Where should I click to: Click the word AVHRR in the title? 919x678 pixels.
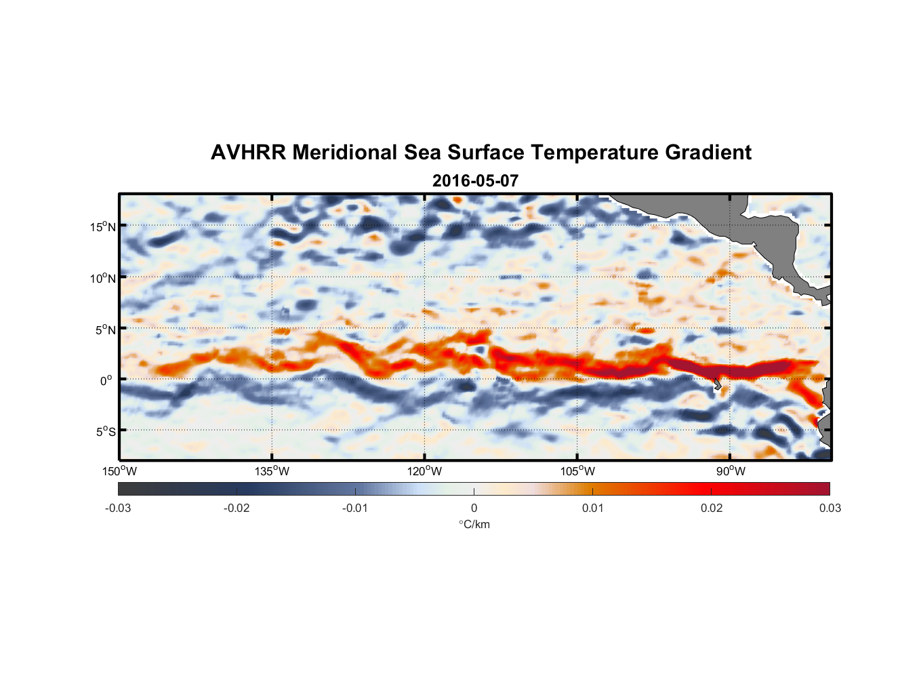(x=248, y=153)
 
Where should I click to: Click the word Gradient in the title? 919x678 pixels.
(x=708, y=153)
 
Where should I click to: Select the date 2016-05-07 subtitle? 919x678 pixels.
(x=475, y=181)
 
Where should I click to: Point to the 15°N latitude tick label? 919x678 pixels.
(x=102, y=226)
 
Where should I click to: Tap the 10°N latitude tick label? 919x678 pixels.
(x=102, y=278)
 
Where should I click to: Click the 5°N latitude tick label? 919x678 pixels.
(x=105, y=330)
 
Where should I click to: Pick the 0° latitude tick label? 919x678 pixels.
(x=106, y=380)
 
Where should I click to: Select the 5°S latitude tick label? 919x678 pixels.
(x=105, y=432)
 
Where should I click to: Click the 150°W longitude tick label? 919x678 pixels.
(x=119, y=471)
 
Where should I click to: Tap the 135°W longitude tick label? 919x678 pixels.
(x=272, y=471)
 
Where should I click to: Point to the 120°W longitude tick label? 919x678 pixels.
(x=424, y=471)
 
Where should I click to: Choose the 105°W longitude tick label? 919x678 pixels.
(x=577, y=471)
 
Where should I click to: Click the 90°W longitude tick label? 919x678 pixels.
(x=730, y=471)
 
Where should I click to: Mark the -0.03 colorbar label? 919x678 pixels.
(x=118, y=508)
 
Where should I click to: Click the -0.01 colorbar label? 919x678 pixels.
(x=355, y=508)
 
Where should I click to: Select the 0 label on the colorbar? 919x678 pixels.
(x=474, y=508)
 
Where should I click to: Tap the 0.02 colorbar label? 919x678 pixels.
(x=711, y=508)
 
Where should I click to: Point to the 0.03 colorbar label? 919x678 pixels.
(x=830, y=508)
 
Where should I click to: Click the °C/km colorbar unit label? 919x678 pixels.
(x=474, y=524)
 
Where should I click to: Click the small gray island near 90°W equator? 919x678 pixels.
(x=718, y=384)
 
